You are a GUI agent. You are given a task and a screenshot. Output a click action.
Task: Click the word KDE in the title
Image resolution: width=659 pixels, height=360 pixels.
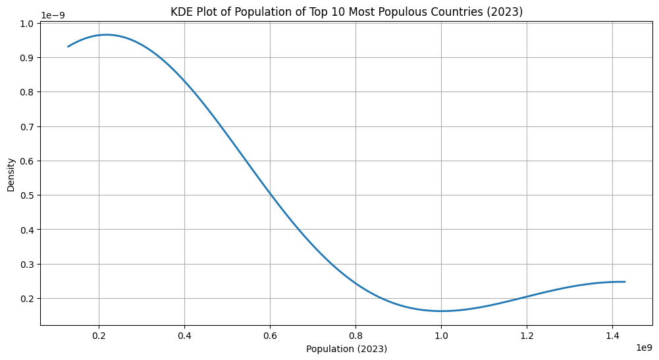tap(182, 11)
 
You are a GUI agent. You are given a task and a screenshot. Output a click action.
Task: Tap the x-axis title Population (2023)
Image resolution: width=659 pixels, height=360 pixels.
tap(346, 349)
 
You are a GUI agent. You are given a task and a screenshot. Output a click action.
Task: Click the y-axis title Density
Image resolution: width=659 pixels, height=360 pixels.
tap(11, 174)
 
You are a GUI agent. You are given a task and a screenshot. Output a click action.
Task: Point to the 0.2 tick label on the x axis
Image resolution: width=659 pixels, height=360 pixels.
tap(99, 335)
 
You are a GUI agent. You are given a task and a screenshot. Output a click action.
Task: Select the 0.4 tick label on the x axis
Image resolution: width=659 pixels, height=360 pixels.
tap(184, 335)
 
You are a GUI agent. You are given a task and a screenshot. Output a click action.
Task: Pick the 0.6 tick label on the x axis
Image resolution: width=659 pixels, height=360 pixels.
tap(270, 335)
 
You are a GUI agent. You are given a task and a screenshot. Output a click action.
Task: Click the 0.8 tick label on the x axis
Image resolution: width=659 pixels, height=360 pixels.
tap(356, 335)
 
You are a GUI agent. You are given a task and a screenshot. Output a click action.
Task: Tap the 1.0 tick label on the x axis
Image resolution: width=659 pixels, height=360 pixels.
tap(441, 335)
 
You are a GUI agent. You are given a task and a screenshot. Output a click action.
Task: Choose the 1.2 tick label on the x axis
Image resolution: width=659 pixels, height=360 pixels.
tap(527, 335)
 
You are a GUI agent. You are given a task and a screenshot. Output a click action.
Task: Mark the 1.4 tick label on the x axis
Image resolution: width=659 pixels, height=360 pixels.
tap(612, 335)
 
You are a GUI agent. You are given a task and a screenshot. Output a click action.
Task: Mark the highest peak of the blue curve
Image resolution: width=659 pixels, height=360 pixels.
tap(106, 35)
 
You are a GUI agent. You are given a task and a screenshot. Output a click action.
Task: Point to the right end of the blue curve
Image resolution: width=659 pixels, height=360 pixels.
tap(625, 282)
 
